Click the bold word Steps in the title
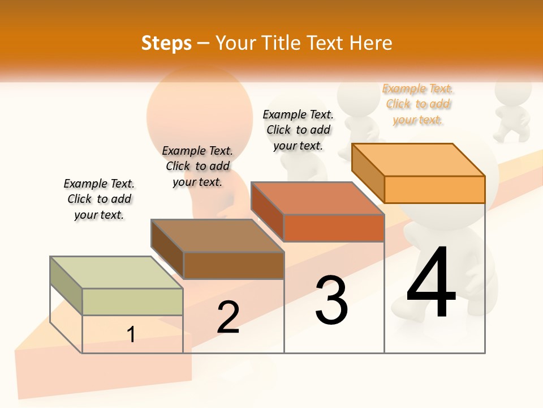click(166, 43)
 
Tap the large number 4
click(431, 283)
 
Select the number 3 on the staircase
click(331, 300)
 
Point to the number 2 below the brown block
click(228, 317)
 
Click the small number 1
click(131, 335)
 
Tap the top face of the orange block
click(419, 159)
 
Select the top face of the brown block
click(217, 236)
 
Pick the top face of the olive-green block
click(117, 273)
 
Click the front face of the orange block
click(434, 189)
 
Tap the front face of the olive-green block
click(132, 301)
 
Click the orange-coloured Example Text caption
click(418, 104)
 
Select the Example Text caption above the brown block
click(197, 166)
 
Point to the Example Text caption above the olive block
click(99, 199)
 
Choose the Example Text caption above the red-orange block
click(298, 130)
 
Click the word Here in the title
click(370, 43)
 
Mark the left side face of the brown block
click(167, 249)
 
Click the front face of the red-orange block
click(334, 228)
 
